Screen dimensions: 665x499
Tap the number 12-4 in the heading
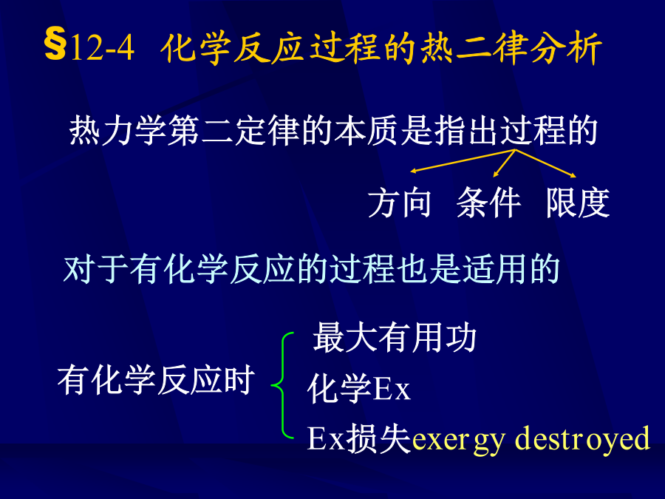(x=102, y=47)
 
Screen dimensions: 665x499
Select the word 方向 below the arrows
(x=400, y=203)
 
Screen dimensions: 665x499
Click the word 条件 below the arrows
(x=488, y=203)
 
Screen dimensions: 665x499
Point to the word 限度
(x=578, y=203)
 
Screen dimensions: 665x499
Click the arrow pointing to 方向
(x=463, y=161)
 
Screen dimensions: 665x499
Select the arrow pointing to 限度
(x=545, y=163)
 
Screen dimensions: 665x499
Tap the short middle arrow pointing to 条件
(x=504, y=163)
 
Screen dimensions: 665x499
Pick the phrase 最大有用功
(x=395, y=338)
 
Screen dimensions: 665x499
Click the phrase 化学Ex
(x=359, y=388)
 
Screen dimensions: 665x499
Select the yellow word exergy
(x=459, y=440)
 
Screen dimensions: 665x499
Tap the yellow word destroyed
(x=582, y=438)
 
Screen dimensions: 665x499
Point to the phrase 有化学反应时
(x=156, y=380)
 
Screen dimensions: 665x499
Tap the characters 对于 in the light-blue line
(x=96, y=269)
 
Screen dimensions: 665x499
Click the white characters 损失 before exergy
(x=378, y=438)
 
